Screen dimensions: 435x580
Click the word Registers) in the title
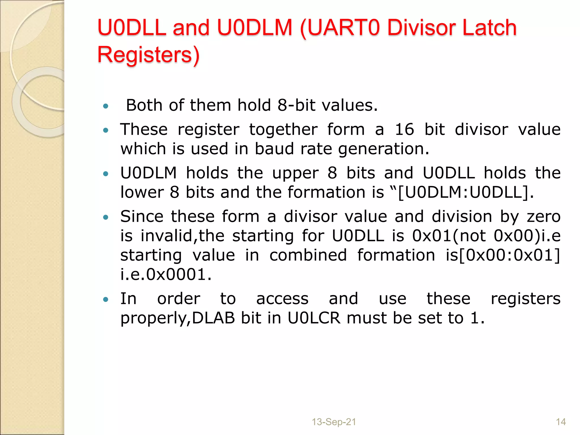tap(148, 54)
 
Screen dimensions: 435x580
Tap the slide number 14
tap(561, 422)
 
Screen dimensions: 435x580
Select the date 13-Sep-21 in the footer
tap(334, 422)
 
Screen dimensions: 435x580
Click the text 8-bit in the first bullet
tap(296, 105)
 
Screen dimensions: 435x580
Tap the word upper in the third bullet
tap(295, 173)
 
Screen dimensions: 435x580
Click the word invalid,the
tap(182, 236)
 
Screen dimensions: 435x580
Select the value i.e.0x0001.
tap(166, 274)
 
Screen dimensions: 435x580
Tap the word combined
tap(308, 255)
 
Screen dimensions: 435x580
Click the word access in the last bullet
tap(282, 299)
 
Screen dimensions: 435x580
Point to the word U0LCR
tap(314, 318)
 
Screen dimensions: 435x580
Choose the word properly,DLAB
tap(178, 318)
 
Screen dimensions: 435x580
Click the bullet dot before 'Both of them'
tap(106, 106)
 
